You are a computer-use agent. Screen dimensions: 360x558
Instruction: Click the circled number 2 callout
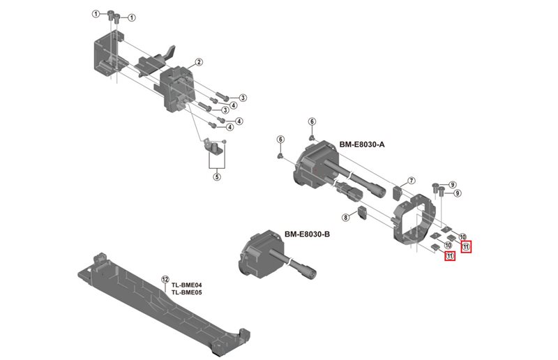199,62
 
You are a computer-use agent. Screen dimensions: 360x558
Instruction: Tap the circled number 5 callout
217,177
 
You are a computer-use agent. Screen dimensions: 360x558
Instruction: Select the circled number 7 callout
412,181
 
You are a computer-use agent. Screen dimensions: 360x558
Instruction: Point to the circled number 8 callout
345,218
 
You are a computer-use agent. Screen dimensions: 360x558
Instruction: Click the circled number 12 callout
165,278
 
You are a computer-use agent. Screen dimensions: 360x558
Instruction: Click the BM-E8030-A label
362,144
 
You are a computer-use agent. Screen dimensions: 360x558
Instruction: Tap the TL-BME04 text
186,285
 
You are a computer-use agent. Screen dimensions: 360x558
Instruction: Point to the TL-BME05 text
186,292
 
